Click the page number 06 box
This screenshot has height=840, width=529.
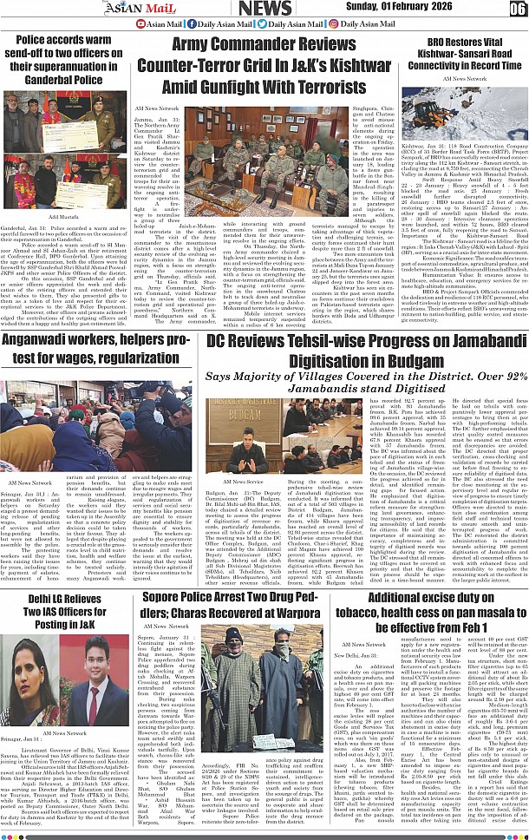tap(517, 9)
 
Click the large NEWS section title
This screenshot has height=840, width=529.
tap(265, 9)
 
